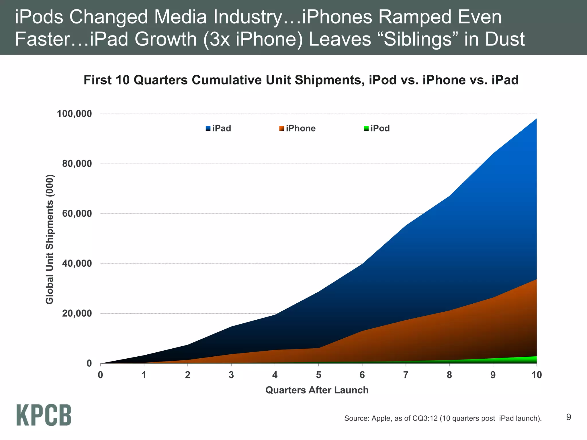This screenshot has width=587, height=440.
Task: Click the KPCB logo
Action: [44, 415]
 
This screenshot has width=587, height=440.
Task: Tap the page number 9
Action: [569, 417]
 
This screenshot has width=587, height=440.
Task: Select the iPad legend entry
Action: [218, 128]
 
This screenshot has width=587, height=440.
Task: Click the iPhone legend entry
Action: [297, 128]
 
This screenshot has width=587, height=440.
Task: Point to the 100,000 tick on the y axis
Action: [74, 114]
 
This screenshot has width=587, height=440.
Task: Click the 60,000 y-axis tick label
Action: [77, 214]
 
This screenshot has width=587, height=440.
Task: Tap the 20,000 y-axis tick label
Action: [77, 313]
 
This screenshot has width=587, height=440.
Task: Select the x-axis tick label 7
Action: [406, 375]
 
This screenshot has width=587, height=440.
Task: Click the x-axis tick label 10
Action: [536, 375]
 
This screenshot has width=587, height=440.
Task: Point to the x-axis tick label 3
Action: [231, 375]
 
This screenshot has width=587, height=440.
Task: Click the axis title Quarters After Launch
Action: [317, 390]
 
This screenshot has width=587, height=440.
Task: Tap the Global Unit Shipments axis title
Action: [50, 239]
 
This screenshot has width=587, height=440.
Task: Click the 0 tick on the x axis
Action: [100, 375]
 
